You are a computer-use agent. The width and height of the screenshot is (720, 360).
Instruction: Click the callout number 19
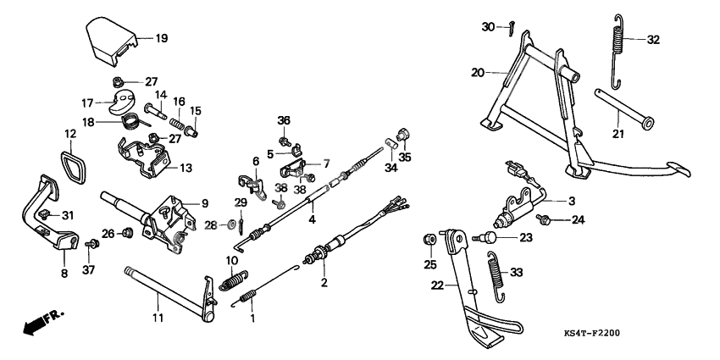[x=161, y=38]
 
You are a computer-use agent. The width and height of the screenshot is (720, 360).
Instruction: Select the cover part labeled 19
[x=114, y=42]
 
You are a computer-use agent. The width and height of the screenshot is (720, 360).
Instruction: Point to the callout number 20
[x=479, y=73]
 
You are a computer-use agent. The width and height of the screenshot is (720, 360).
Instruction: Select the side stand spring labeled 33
[x=499, y=275]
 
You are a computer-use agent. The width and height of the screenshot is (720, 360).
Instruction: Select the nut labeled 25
[x=429, y=241]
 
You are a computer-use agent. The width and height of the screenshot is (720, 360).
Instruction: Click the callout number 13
[x=186, y=168]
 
